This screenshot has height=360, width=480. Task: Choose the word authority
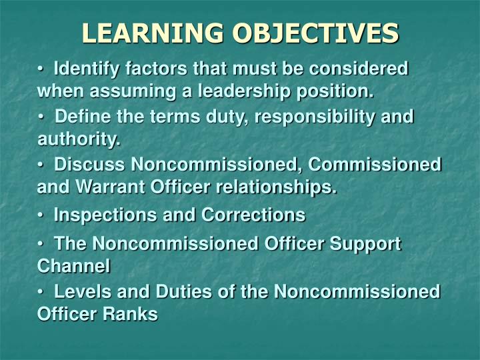(79, 139)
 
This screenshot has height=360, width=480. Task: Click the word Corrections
(254, 215)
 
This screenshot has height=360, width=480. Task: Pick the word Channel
(73, 265)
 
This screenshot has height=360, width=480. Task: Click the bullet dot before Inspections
(41, 215)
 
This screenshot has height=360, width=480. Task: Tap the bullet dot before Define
(41, 117)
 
